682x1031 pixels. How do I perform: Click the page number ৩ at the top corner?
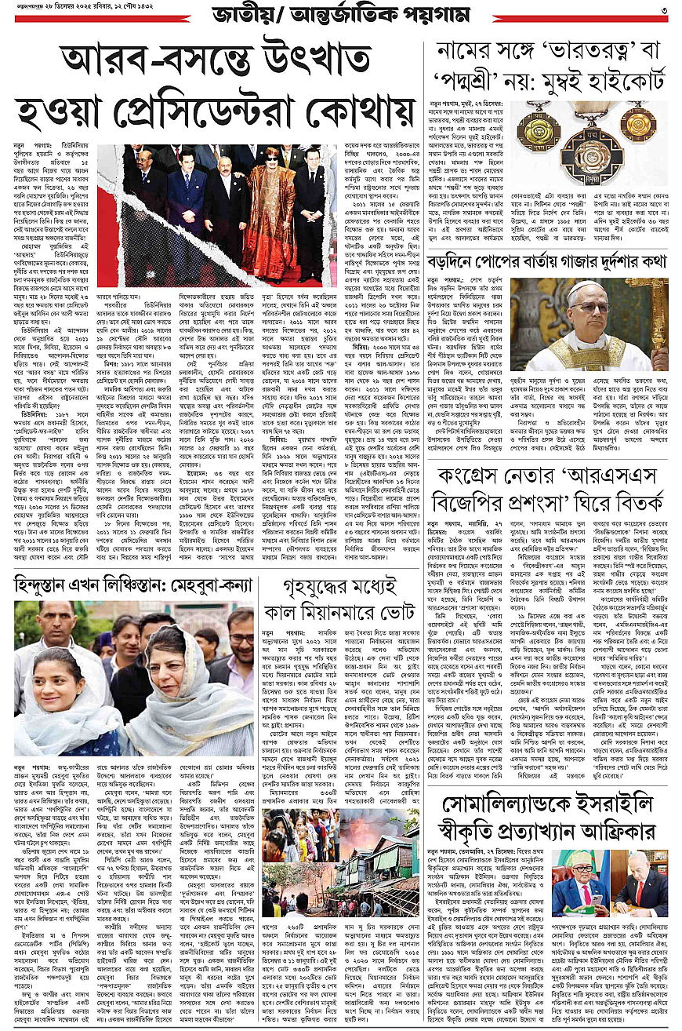tap(662, 10)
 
